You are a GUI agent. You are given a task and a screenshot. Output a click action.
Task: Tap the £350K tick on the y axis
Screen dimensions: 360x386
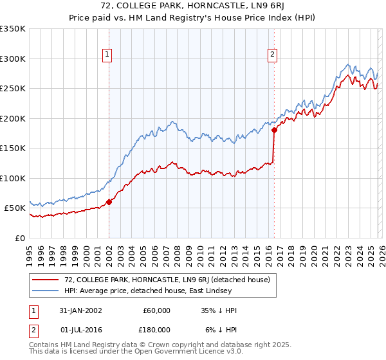13,29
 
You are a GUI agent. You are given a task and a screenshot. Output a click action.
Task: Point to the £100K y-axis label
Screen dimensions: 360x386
13,178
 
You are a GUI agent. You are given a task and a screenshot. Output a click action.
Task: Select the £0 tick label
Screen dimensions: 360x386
19,238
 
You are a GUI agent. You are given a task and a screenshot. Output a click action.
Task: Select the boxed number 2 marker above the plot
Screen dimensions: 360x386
273,55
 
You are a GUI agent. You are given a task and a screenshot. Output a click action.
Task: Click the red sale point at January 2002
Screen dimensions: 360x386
109,202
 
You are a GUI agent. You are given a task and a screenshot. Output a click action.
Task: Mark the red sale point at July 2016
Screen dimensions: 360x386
275,130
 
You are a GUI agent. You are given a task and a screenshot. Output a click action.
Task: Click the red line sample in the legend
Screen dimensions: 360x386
46,280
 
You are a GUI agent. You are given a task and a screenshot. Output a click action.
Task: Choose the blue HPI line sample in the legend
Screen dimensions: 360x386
46,291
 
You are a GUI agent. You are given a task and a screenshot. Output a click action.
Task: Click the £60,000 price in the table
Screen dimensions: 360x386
156,310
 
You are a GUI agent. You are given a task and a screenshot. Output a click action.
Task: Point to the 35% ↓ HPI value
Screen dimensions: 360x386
219,310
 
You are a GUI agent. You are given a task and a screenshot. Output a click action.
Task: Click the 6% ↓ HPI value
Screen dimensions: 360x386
221,329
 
